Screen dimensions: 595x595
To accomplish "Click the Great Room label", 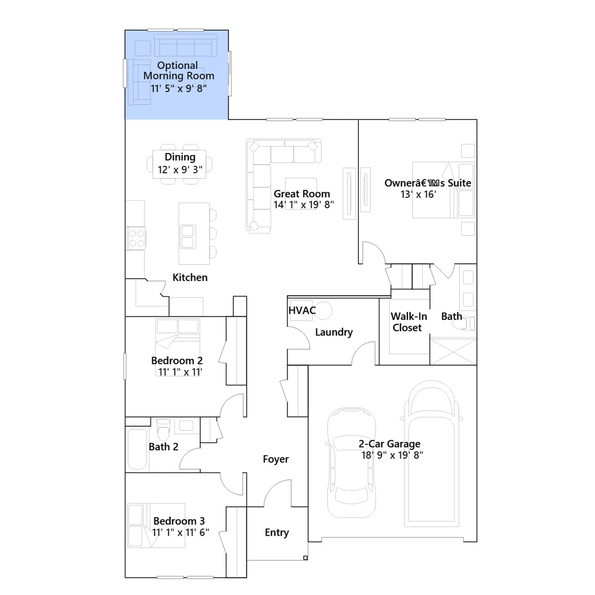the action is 302,194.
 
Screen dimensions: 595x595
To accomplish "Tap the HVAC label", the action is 302,310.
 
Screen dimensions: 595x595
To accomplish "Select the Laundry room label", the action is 334,332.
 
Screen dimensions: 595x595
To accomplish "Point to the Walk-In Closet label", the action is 408,322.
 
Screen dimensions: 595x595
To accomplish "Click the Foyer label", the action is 276,459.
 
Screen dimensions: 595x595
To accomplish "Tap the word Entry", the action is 277,533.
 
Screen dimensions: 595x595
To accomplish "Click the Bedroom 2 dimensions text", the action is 180,372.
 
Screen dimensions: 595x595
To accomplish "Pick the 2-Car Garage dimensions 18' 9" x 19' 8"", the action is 392,455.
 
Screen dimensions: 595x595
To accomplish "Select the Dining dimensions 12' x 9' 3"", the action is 180,170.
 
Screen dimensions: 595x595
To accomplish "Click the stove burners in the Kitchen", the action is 136,238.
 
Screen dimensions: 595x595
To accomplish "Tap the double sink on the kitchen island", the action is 187,237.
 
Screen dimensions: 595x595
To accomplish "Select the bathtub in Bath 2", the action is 137,450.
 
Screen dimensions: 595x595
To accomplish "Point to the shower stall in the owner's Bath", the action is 453,351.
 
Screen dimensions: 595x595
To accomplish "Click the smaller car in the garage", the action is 351,462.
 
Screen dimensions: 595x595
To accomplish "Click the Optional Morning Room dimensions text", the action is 179,89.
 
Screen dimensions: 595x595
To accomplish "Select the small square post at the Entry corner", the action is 305,558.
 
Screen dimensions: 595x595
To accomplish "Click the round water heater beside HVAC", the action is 324,310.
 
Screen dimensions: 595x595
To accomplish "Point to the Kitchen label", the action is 190,277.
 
